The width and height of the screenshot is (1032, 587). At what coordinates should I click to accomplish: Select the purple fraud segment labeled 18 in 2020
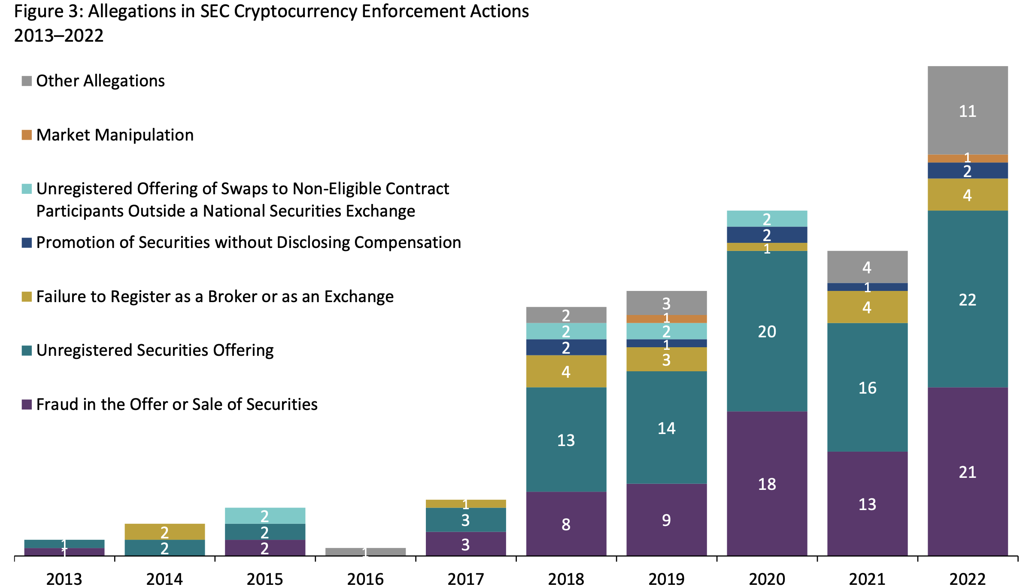pyautogui.click(x=767, y=483)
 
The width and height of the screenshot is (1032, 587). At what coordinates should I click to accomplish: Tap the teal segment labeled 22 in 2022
pyautogui.click(x=967, y=299)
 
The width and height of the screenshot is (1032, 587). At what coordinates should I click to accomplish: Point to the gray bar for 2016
pyautogui.click(x=365, y=551)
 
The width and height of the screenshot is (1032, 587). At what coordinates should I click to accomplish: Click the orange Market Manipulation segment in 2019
pyautogui.click(x=666, y=319)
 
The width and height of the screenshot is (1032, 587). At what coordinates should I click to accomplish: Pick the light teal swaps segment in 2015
pyautogui.click(x=265, y=515)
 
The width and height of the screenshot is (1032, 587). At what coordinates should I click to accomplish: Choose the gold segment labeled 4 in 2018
pyautogui.click(x=566, y=371)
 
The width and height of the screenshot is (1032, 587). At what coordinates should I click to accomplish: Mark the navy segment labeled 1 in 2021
pyautogui.click(x=867, y=287)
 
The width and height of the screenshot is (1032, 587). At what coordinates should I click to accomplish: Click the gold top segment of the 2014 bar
pyautogui.click(x=164, y=532)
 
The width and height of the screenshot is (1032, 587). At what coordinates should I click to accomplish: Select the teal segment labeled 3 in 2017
pyautogui.click(x=466, y=520)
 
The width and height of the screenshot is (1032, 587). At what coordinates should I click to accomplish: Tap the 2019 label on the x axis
pyautogui.click(x=666, y=579)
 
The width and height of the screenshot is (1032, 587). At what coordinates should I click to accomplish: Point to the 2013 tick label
pyautogui.click(x=64, y=579)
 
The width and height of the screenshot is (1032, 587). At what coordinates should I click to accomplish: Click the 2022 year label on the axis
pyautogui.click(x=967, y=579)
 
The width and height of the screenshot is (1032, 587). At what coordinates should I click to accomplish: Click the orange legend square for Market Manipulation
pyautogui.click(x=27, y=135)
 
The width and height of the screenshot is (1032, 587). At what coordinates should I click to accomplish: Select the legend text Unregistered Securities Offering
pyautogui.click(x=155, y=350)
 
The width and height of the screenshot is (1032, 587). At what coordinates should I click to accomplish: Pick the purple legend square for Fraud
pyautogui.click(x=27, y=404)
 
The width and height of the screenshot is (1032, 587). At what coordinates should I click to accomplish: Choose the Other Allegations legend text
pyautogui.click(x=100, y=81)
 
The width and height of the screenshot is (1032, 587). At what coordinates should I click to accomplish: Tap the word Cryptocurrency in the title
pyautogui.click(x=295, y=11)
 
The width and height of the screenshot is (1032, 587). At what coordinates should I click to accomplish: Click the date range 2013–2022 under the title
pyautogui.click(x=59, y=35)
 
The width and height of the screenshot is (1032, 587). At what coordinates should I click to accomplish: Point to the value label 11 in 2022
pyautogui.click(x=967, y=111)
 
